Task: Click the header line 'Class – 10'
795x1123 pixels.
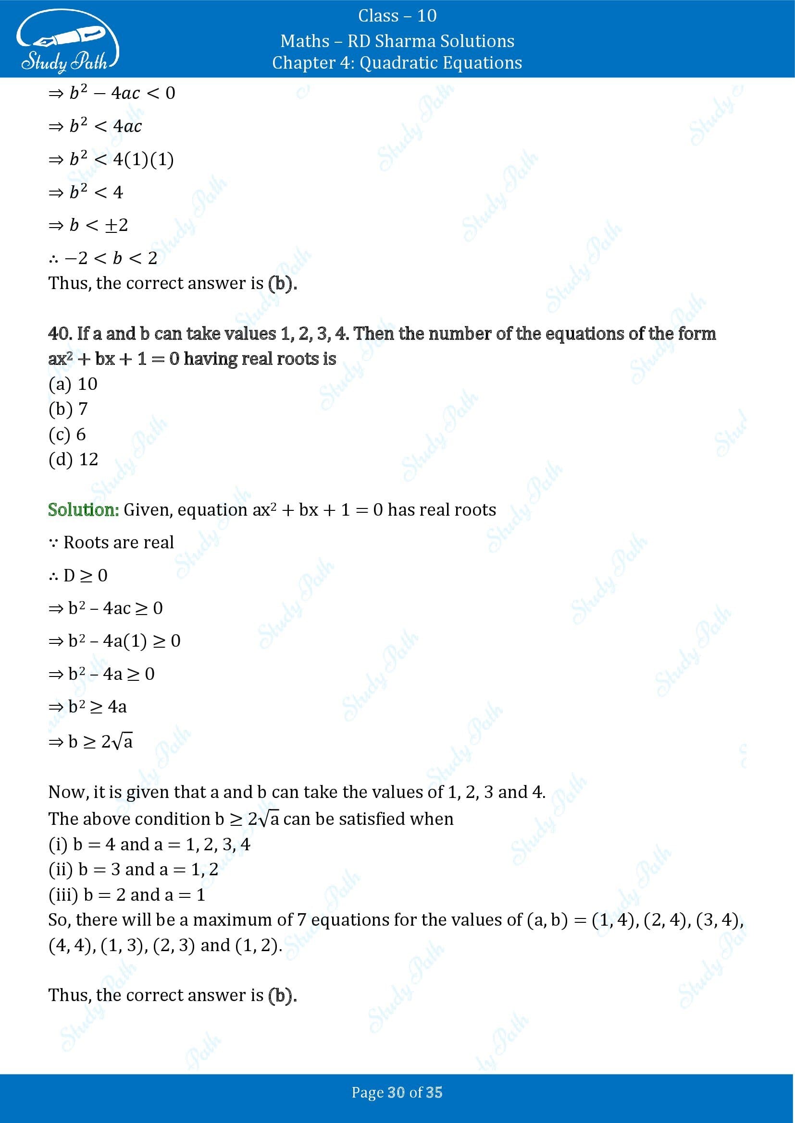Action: coord(397,16)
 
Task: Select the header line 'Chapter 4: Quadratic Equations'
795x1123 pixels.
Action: coord(397,62)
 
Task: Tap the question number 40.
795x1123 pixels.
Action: coord(60,334)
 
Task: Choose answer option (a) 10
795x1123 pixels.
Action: coord(73,384)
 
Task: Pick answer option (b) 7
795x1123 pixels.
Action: coord(68,409)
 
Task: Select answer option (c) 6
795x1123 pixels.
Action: coord(67,435)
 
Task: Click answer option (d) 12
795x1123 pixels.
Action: coord(74,459)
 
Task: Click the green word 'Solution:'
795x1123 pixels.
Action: coord(83,510)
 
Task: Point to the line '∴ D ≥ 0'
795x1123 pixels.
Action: coord(78,575)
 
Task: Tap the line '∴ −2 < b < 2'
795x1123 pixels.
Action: coord(103,258)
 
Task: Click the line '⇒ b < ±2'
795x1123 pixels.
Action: coord(88,225)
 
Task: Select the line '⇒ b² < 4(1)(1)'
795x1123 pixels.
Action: coord(111,159)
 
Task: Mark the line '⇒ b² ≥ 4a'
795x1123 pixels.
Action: coord(87,707)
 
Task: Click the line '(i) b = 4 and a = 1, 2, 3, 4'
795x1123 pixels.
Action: coord(149,844)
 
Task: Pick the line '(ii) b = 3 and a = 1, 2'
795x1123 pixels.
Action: coord(133,869)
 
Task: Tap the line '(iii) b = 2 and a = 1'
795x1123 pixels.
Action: coord(127,894)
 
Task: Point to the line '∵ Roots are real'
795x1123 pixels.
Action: coord(112,543)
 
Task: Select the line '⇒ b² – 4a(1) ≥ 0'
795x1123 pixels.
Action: coord(114,641)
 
